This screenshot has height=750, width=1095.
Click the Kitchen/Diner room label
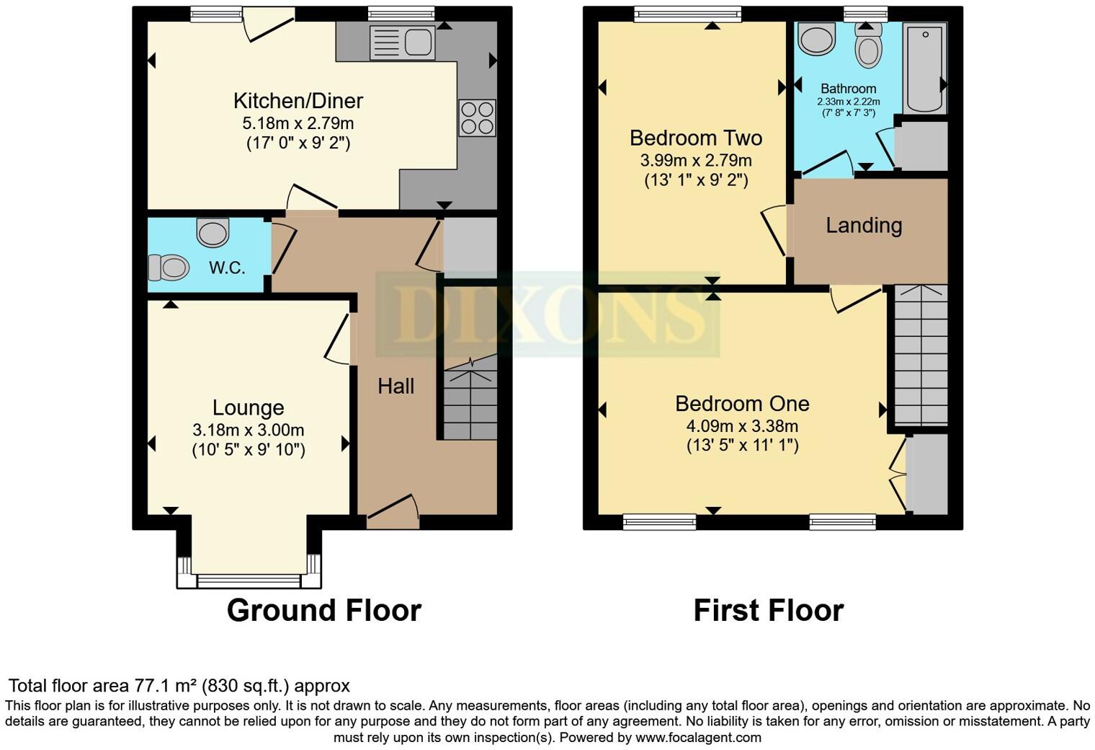(298, 101)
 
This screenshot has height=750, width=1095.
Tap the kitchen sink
(402, 43)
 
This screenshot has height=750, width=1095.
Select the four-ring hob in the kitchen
(477, 118)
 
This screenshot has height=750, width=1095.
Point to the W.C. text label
(227, 268)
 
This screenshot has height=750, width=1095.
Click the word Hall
(395, 387)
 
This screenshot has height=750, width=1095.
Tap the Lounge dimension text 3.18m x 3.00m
(248, 431)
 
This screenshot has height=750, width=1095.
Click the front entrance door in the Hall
(393, 510)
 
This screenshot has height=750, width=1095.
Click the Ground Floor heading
(323, 611)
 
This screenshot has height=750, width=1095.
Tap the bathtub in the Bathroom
(925, 68)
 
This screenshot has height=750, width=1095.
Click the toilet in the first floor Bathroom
(868, 47)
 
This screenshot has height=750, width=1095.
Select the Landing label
(864, 226)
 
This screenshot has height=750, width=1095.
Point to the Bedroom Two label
(695, 138)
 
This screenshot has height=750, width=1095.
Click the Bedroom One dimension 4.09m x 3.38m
(742, 426)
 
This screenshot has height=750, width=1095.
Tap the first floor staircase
(921, 355)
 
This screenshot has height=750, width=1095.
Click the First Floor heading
(768, 611)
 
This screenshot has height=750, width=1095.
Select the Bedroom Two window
(687, 14)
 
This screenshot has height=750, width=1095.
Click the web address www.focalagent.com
(697, 738)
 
